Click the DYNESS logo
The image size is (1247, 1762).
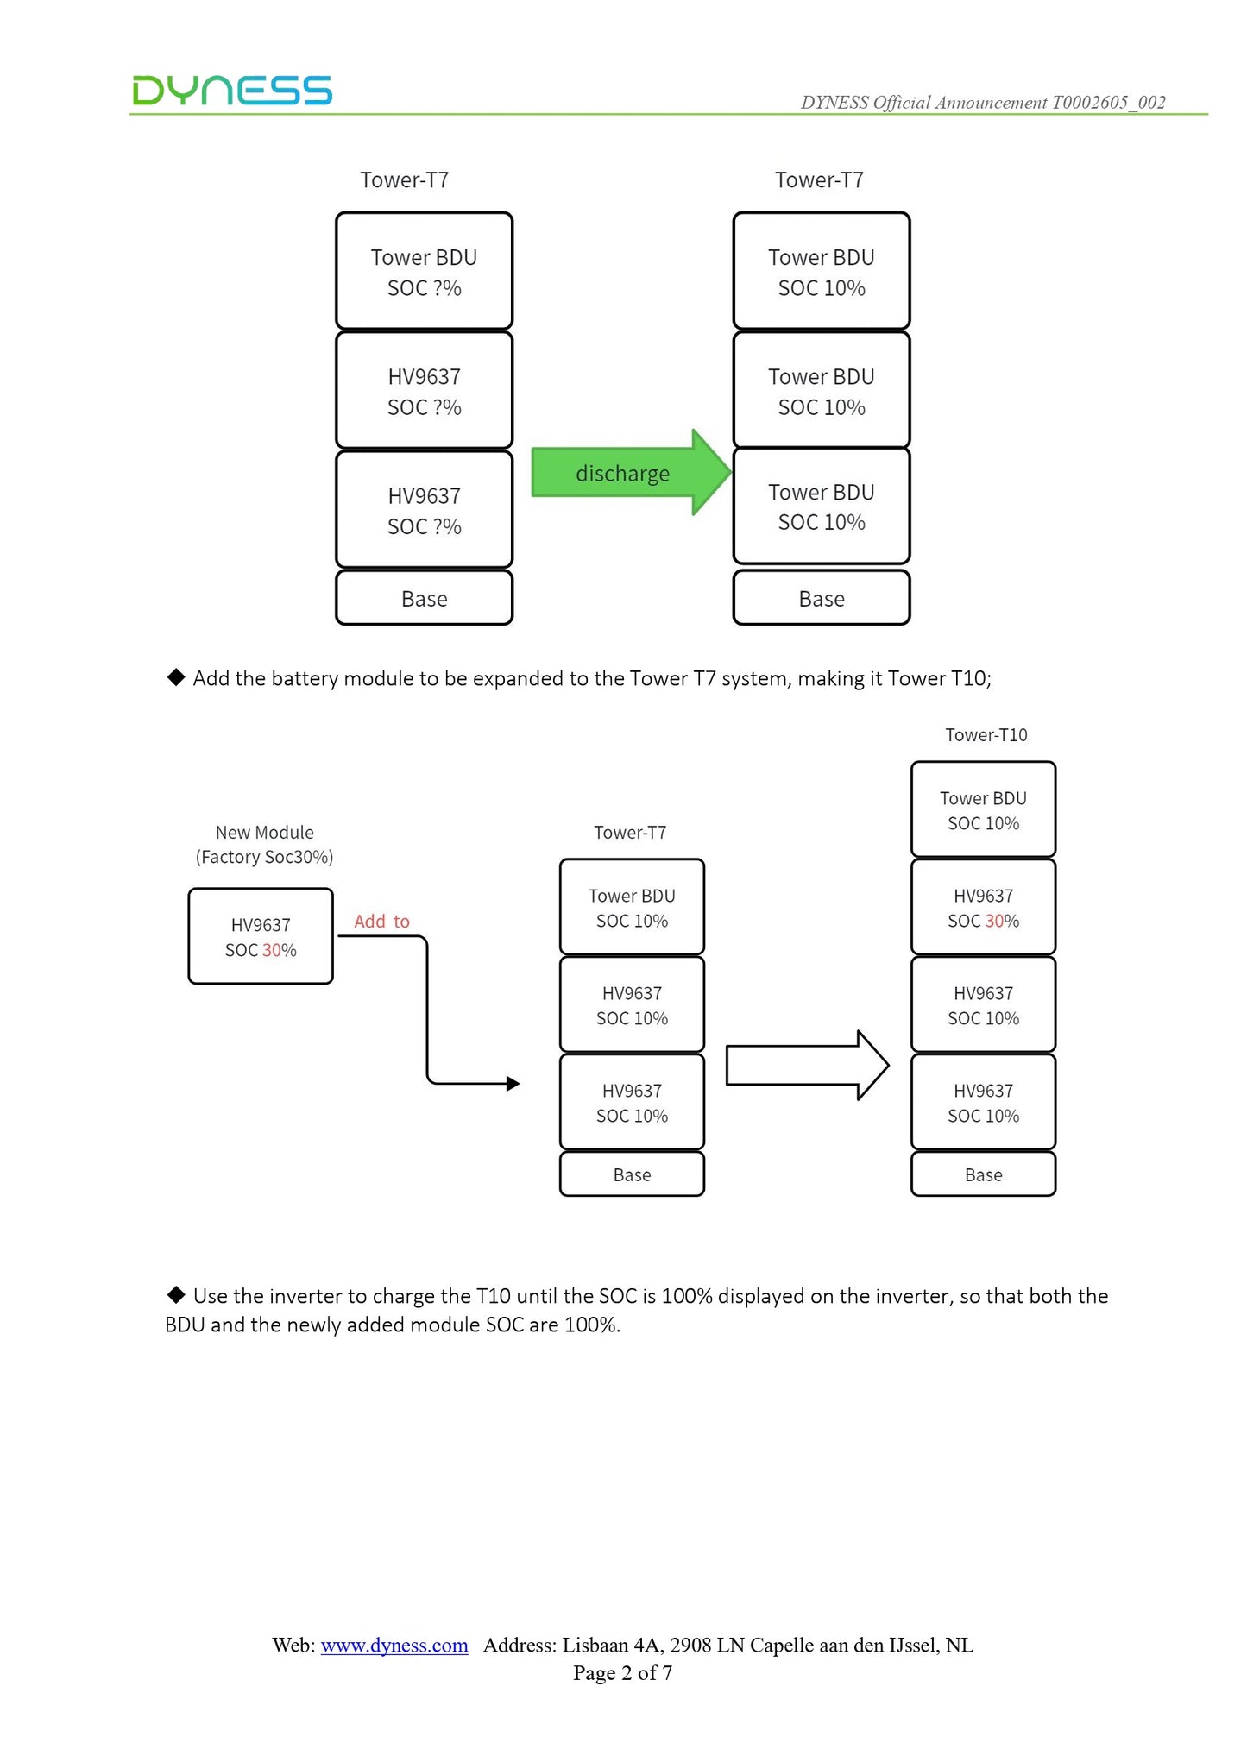[232, 91]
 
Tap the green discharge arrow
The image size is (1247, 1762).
[632, 472]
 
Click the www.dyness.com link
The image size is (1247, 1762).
[394, 1645]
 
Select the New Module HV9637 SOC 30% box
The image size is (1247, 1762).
[261, 936]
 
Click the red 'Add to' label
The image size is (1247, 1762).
[381, 922]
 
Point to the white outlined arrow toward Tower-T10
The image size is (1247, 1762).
[808, 1065]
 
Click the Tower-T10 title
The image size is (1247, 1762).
[986, 735]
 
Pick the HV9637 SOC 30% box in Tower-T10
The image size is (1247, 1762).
[983, 907]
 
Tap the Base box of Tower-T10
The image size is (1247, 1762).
[983, 1174]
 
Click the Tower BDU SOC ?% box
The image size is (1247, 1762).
[424, 271]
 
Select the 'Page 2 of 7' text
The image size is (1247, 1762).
[622, 1673]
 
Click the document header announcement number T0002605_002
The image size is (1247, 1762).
[1108, 102]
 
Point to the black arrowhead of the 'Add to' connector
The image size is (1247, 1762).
[513, 1083]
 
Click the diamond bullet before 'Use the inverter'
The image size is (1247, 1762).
[176, 1294]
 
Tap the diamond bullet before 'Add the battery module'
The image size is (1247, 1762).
[176, 677]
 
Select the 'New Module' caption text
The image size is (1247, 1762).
[264, 833]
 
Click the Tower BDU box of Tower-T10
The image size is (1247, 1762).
[983, 809]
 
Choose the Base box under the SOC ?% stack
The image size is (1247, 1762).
[424, 597]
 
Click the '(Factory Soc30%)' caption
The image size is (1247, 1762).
[264, 857]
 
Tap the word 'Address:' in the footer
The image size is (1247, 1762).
[520, 1645]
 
